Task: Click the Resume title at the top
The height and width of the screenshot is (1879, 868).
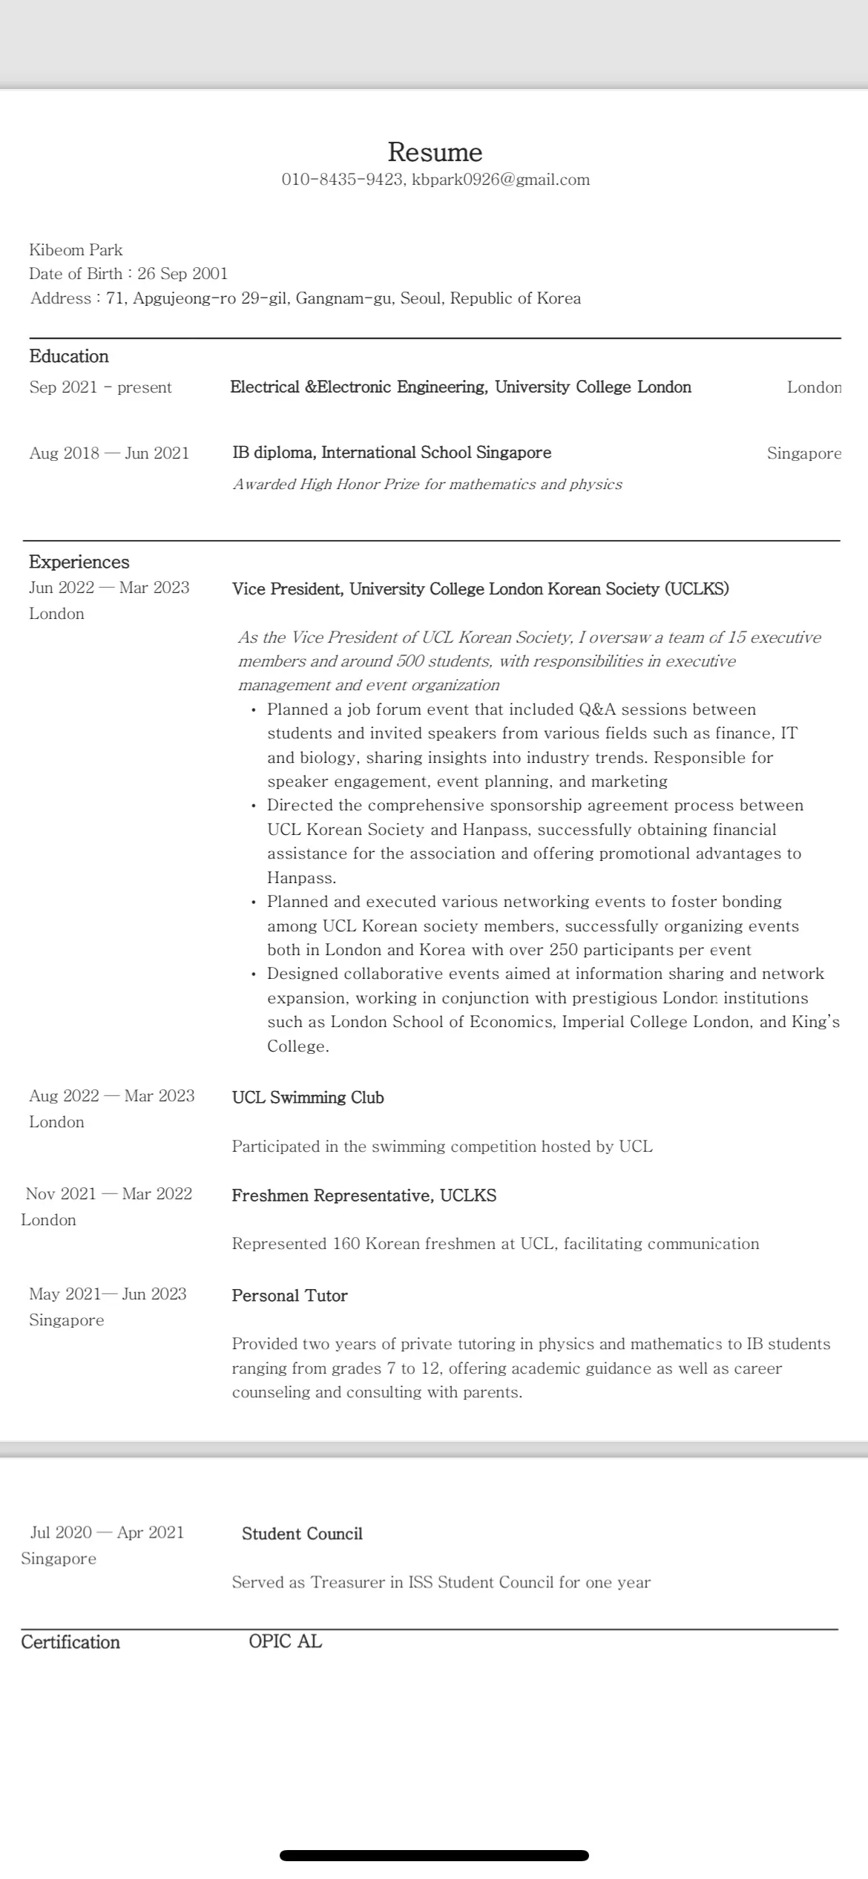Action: pyautogui.click(x=435, y=152)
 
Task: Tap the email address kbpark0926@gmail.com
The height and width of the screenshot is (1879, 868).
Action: pyautogui.click(x=501, y=180)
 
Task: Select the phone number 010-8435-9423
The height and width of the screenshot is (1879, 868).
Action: pyautogui.click(x=342, y=180)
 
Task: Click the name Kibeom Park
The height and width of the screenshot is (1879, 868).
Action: pyautogui.click(x=76, y=250)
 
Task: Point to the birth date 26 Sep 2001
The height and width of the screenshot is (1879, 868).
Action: pyautogui.click(x=183, y=274)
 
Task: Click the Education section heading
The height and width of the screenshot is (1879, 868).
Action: pyautogui.click(x=69, y=356)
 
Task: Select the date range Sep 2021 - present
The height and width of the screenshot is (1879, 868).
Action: pyautogui.click(x=100, y=387)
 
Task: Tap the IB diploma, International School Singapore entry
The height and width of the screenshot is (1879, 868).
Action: pyautogui.click(x=392, y=453)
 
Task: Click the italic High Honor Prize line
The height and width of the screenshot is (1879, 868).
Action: pyautogui.click(x=427, y=485)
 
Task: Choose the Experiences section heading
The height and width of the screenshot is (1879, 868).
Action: pyautogui.click(x=79, y=562)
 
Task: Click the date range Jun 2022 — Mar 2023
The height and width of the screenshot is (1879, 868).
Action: pyautogui.click(x=109, y=588)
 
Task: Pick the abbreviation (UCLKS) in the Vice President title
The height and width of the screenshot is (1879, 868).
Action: pyautogui.click(x=697, y=589)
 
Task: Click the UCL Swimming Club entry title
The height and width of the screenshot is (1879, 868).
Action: pyautogui.click(x=308, y=1098)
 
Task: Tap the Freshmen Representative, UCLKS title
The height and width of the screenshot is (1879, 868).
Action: pyautogui.click(x=364, y=1196)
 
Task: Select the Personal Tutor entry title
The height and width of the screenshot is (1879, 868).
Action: pyautogui.click(x=289, y=1296)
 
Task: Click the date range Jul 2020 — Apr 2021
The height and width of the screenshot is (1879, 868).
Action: pyautogui.click(x=107, y=1532)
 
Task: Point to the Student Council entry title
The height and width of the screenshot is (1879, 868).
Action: pyautogui.click(x=302, y=1534)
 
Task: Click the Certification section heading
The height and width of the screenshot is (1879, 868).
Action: pyautogui.click(x=70, y=1642)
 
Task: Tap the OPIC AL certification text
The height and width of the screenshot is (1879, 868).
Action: pyautogui.click(x=285, y=1642)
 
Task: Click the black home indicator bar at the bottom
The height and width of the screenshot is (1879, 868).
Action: pyautogui.click(x=434, y=1855)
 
